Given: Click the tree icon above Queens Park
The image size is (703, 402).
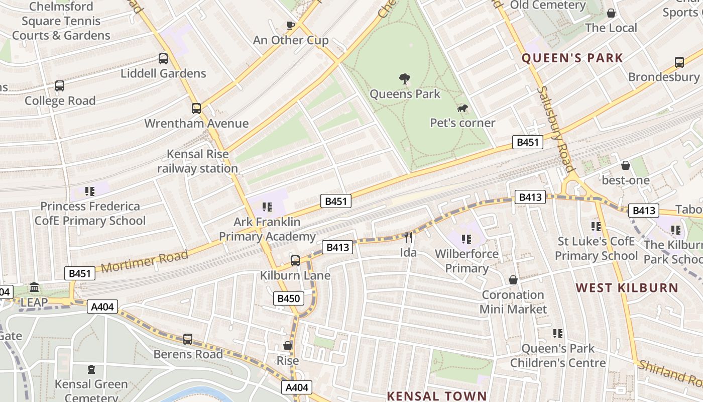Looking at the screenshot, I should pos(404,78).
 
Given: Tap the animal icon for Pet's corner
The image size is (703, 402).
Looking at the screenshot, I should pos(462,109).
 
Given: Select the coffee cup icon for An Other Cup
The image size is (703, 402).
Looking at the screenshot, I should pos(290,25).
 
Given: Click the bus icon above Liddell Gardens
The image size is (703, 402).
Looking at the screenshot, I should pos(163,58).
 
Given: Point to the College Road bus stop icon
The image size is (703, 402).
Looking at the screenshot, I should pos(60,86).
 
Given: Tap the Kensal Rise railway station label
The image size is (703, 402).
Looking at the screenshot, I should pos(197,161).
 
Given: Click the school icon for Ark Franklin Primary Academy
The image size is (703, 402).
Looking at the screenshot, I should pos(267,207).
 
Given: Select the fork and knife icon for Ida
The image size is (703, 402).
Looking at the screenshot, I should pos(408,237).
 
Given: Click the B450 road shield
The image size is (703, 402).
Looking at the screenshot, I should pos(289,298).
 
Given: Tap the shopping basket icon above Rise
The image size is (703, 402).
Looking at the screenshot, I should pos(288,346).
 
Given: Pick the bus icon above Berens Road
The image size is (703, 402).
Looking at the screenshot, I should pos(188,339).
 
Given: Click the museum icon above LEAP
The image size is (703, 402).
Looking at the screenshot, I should pos(34,287).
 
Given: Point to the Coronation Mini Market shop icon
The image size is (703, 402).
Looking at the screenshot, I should pos(513,280).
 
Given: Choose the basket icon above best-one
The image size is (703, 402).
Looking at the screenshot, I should pos(626,165).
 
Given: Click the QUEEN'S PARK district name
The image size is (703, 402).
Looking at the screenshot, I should pos(572,58).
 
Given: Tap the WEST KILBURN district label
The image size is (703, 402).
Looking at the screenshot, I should pos(627,288).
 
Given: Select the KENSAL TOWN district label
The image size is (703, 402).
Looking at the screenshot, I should pos(437,395).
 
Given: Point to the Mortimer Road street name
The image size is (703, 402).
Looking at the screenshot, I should pos(145,262).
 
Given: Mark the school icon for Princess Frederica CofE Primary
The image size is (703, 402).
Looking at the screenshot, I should pos(90,191).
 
